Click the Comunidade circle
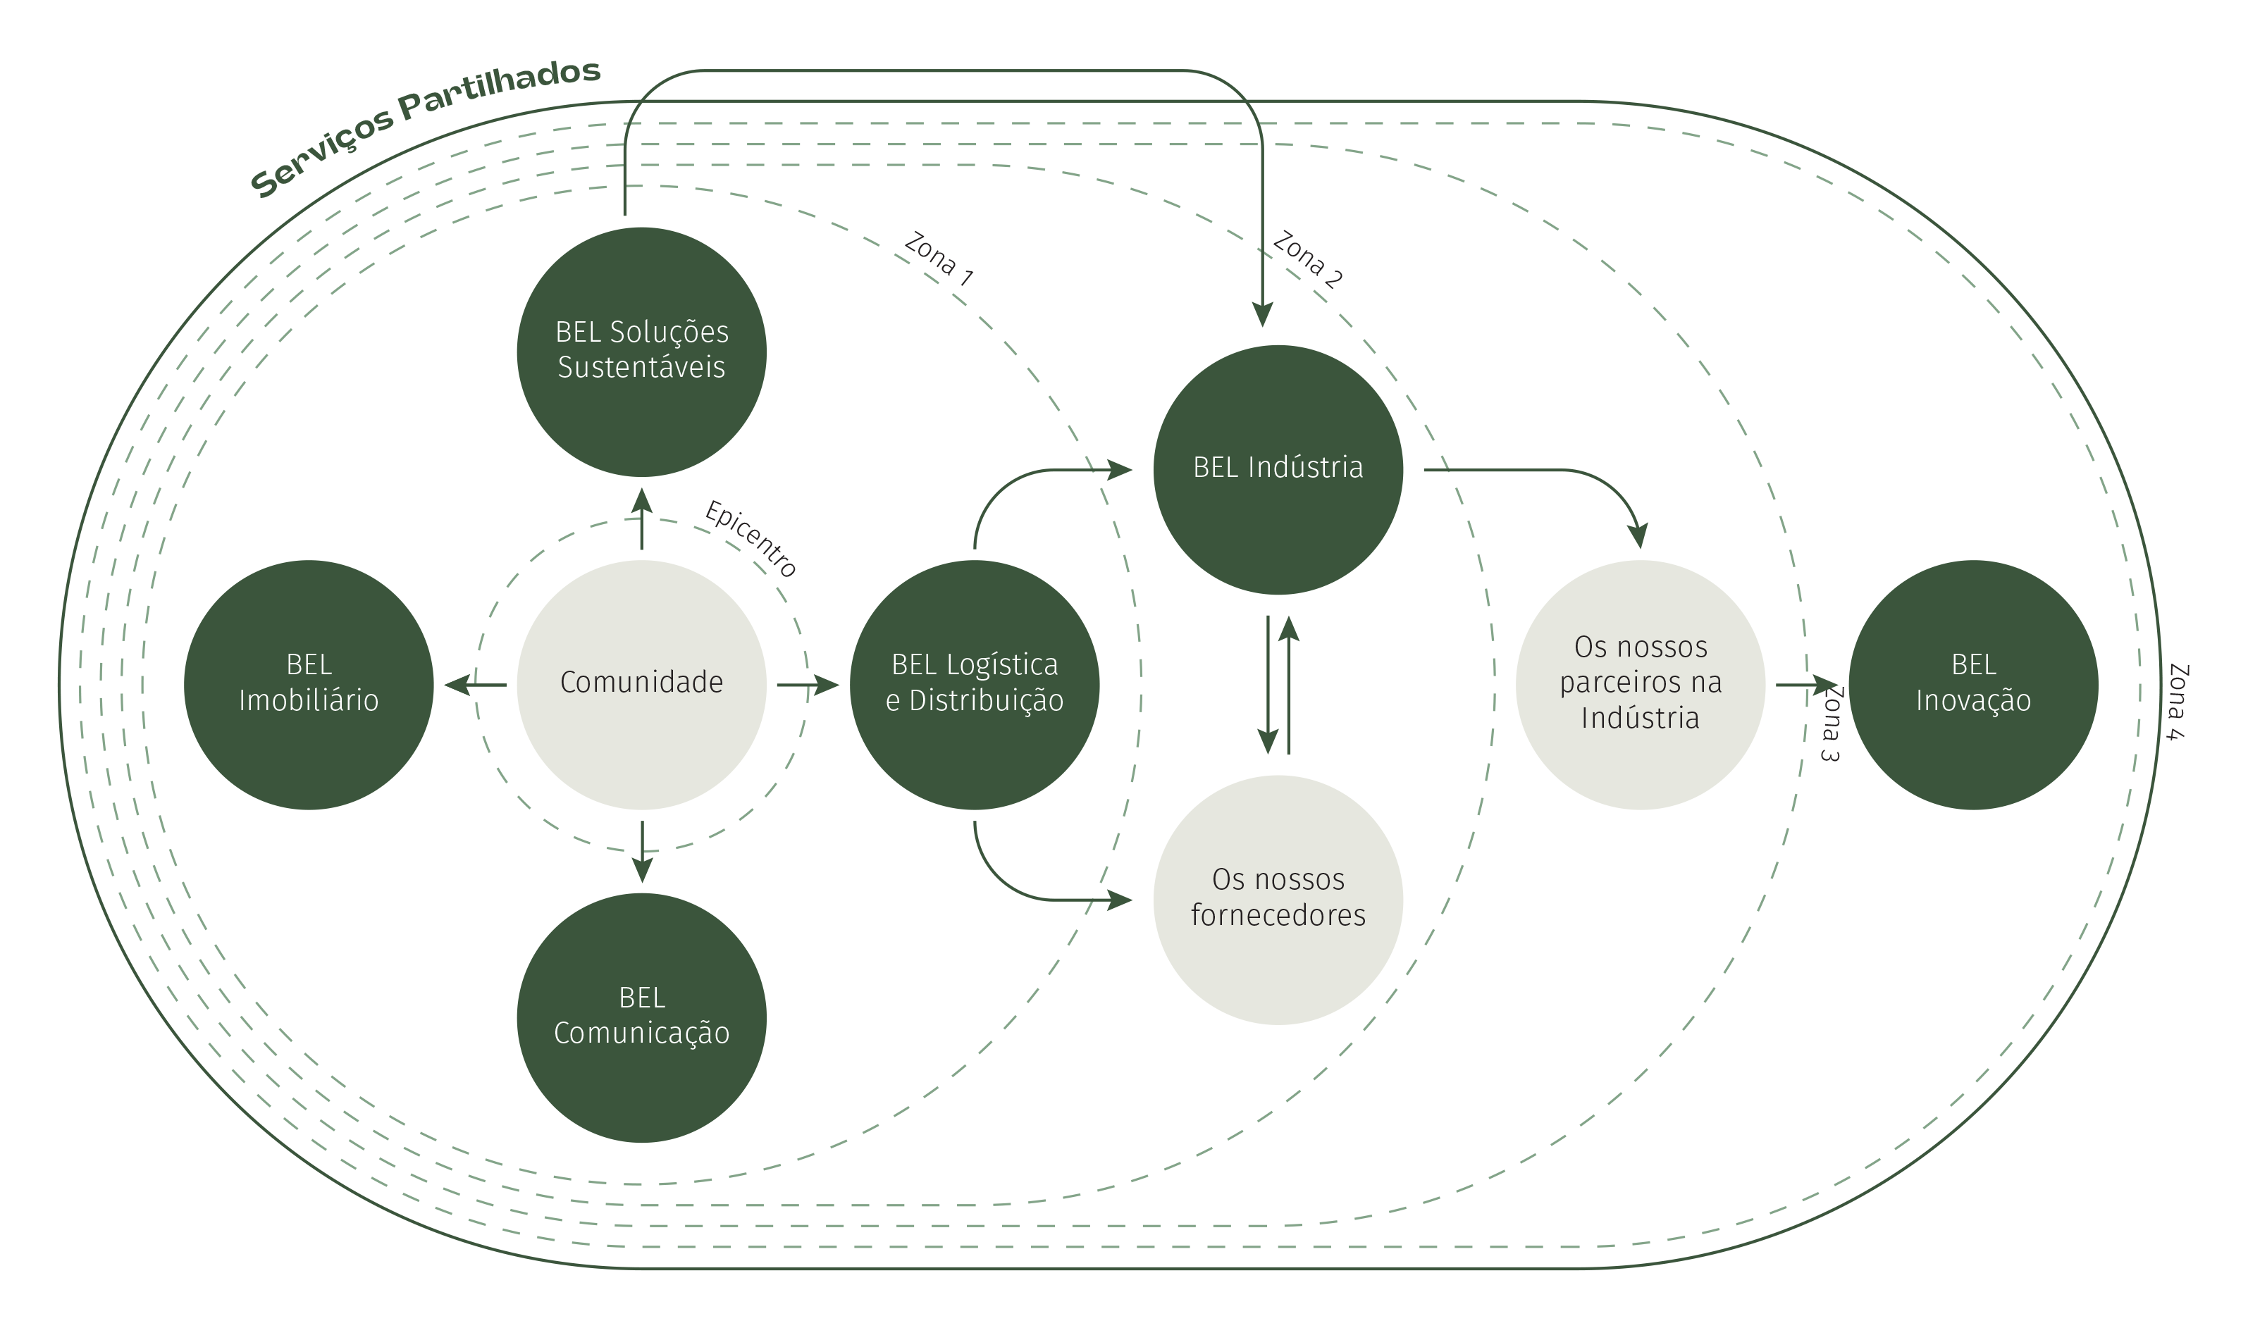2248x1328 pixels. [642, 685]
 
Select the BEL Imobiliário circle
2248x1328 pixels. [309, 685]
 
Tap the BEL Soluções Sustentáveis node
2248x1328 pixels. [642, 352]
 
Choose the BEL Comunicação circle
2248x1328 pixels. [642, 1017]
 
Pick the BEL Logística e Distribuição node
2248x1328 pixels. [975, 685]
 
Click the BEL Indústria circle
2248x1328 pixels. [1278, 470]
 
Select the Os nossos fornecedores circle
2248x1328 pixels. [1278, 900]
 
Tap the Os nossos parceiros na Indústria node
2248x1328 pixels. [1641, 685]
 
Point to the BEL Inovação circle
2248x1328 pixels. [1973, 685]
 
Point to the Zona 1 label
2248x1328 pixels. [938, 259]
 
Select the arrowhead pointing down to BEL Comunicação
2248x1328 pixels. [642, 871]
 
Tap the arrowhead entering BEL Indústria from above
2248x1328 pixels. [1262, 315]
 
